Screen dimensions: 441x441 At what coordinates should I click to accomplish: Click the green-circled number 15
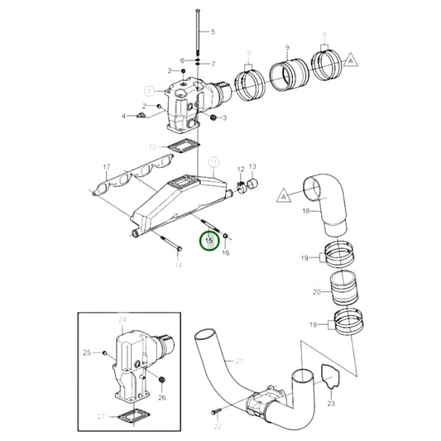(209, 241)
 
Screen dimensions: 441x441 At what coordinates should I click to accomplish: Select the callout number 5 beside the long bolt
(212, 31)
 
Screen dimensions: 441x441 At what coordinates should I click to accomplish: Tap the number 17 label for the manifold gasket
(106, 168)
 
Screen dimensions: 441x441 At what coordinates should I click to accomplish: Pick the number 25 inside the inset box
(86, 353)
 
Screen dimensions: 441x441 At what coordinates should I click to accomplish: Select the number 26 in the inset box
(162, 397)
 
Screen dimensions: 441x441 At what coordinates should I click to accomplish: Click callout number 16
(226, 252)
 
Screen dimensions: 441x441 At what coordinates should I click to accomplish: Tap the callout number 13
(252, 167)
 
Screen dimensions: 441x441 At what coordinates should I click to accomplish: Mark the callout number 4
(123, 116)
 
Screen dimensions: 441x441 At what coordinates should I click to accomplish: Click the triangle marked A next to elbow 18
(283, 196)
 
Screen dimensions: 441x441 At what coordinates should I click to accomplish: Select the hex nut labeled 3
(213, 118)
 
